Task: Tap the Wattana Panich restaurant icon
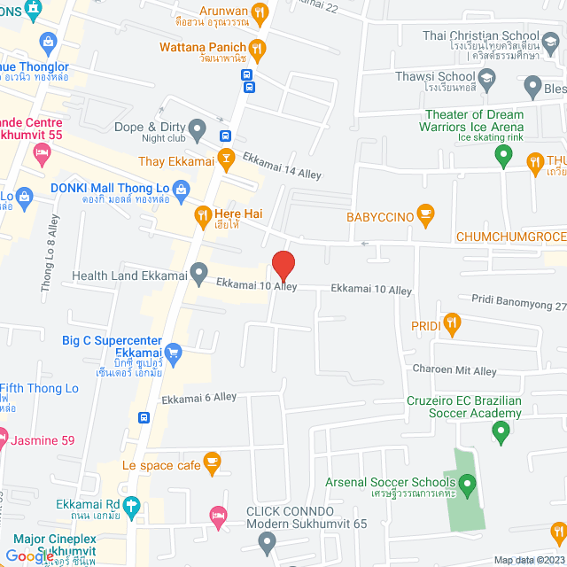click(257, 48)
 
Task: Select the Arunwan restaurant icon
click(260, 12)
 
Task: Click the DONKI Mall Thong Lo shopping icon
click(182, 188)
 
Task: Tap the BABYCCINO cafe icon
click(425, 213)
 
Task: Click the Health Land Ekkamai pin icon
click(200, 274)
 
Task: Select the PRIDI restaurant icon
click(453, 325)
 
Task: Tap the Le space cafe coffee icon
click(211, 461)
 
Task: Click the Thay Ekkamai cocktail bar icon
click(226, 161)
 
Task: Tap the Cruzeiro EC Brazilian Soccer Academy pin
click(501, 431)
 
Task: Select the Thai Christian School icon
click(552, 42)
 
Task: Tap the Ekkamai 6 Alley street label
click(199, 398)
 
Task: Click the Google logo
click(30, 555)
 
